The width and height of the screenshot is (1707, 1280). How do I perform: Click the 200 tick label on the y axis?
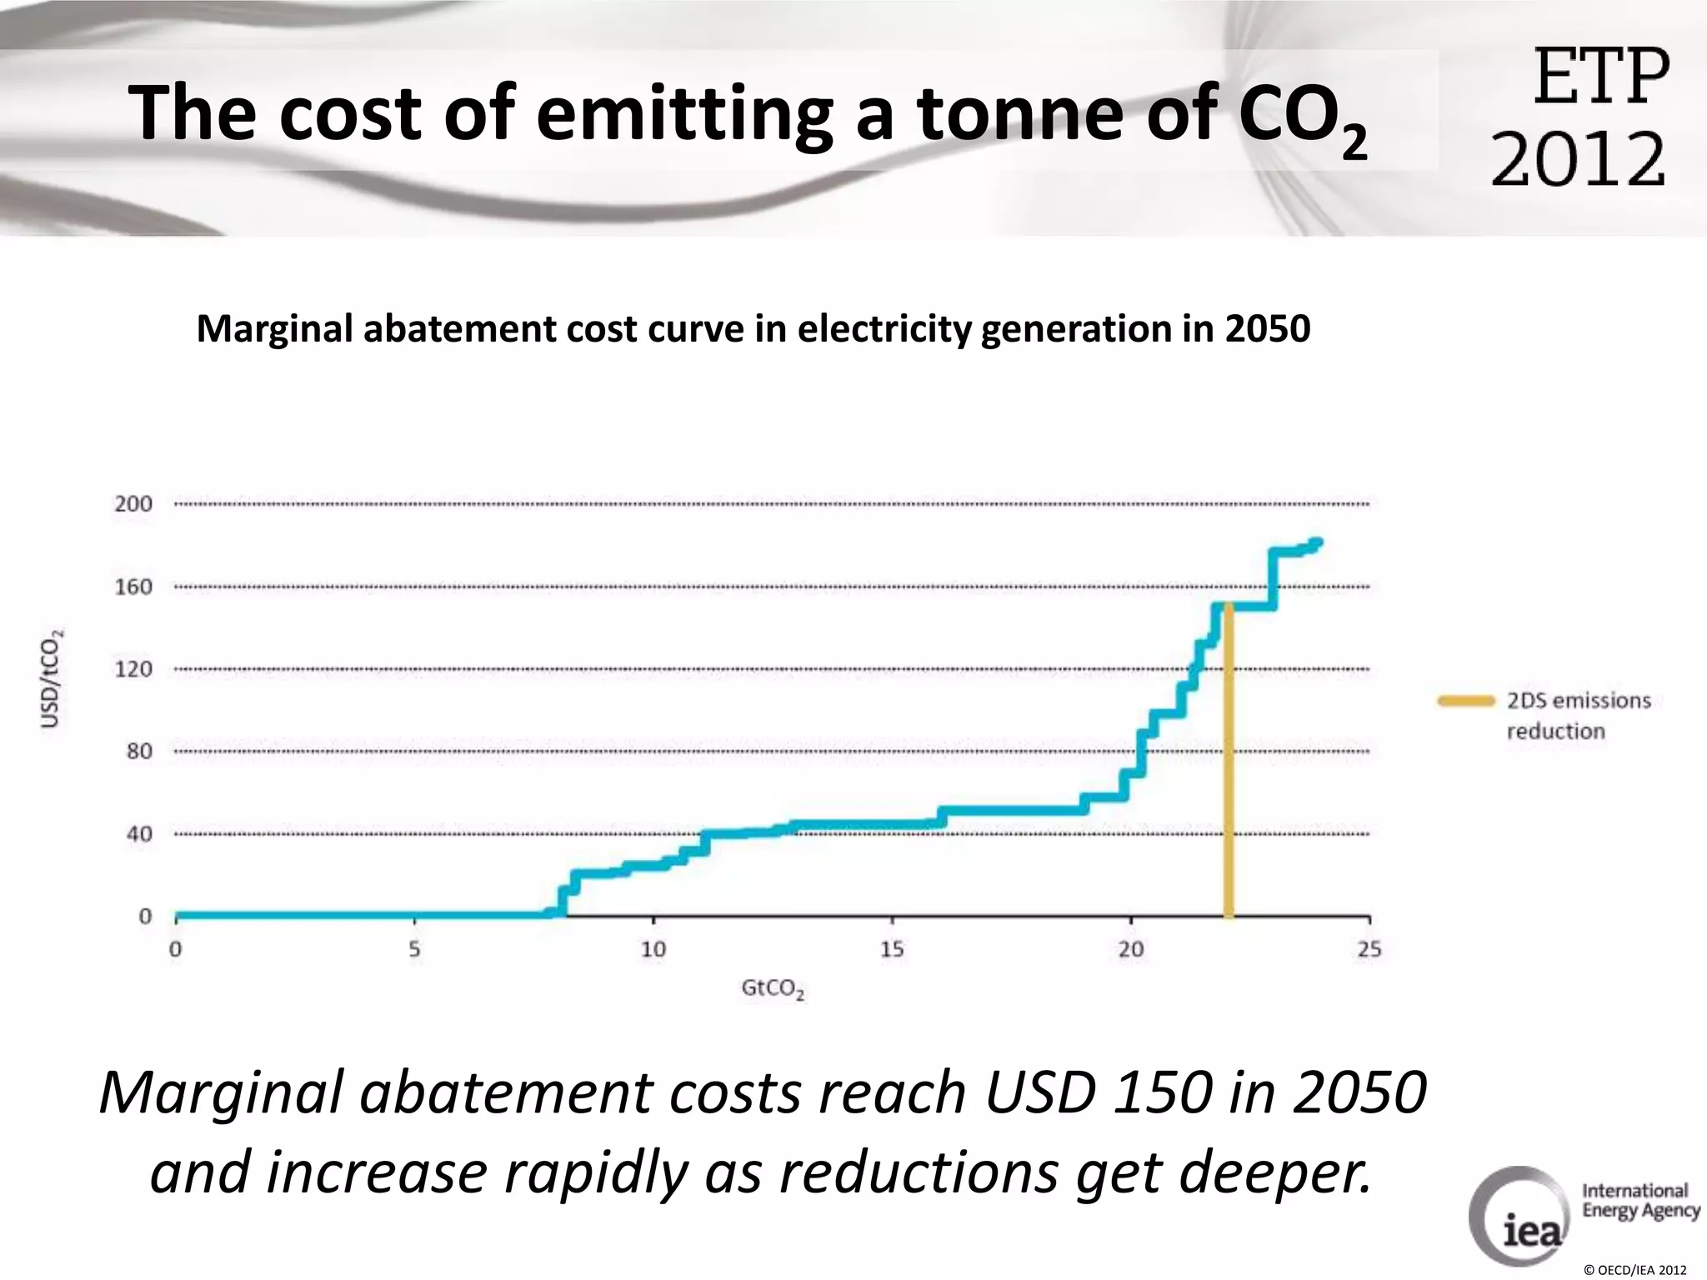tap(133, 503)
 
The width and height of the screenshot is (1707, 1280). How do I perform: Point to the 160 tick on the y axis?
tap(133, 587)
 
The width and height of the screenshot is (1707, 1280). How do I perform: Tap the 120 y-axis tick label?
tap(133, 669)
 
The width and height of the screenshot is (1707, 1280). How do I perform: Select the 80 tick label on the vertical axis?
tap(139, 751)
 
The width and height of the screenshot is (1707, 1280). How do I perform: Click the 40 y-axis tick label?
tap(139, 833)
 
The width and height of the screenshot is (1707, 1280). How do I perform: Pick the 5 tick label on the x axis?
tap(414, 949)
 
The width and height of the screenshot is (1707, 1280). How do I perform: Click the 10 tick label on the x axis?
tap(653, 949)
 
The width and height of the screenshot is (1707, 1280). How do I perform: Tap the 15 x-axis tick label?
tap(892, 949)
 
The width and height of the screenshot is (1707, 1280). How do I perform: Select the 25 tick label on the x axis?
tap(1369, 949)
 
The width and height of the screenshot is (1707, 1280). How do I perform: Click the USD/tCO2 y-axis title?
tap(53, 677)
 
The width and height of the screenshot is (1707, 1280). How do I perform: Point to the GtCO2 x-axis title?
tap(773, 990)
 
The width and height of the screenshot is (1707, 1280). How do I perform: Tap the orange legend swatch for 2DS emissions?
tap(1466, 701)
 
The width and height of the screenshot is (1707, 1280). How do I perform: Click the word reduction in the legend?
tap(1555, 732)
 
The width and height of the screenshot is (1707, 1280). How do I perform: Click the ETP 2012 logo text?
tap(1579, 117)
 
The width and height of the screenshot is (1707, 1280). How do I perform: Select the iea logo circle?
tap(1517, 1217)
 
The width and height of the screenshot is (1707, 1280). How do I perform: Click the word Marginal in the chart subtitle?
tap(275, 328)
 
